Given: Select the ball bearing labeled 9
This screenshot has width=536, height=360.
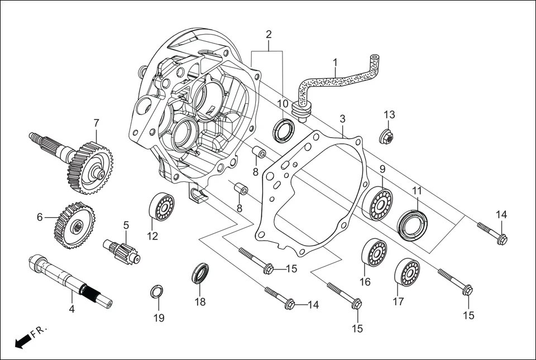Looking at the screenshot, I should point(377,205).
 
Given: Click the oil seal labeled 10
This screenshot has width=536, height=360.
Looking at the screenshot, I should point(284,131).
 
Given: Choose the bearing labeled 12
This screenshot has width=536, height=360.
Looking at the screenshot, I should point(161,207).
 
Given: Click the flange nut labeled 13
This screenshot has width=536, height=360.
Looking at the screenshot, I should point(386,136).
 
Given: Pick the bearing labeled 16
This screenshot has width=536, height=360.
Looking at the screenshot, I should point(374,252).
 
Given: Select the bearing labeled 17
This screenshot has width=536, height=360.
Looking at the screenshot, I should point(407,272).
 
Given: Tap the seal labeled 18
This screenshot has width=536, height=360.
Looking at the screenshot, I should point(200,273).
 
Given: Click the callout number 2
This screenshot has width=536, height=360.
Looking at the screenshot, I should point(269,35).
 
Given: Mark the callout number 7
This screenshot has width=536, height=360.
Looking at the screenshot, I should point(96,122).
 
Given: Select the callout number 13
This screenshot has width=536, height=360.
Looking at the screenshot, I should point(389,114).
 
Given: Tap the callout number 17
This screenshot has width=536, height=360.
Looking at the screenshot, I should point(398,302).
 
